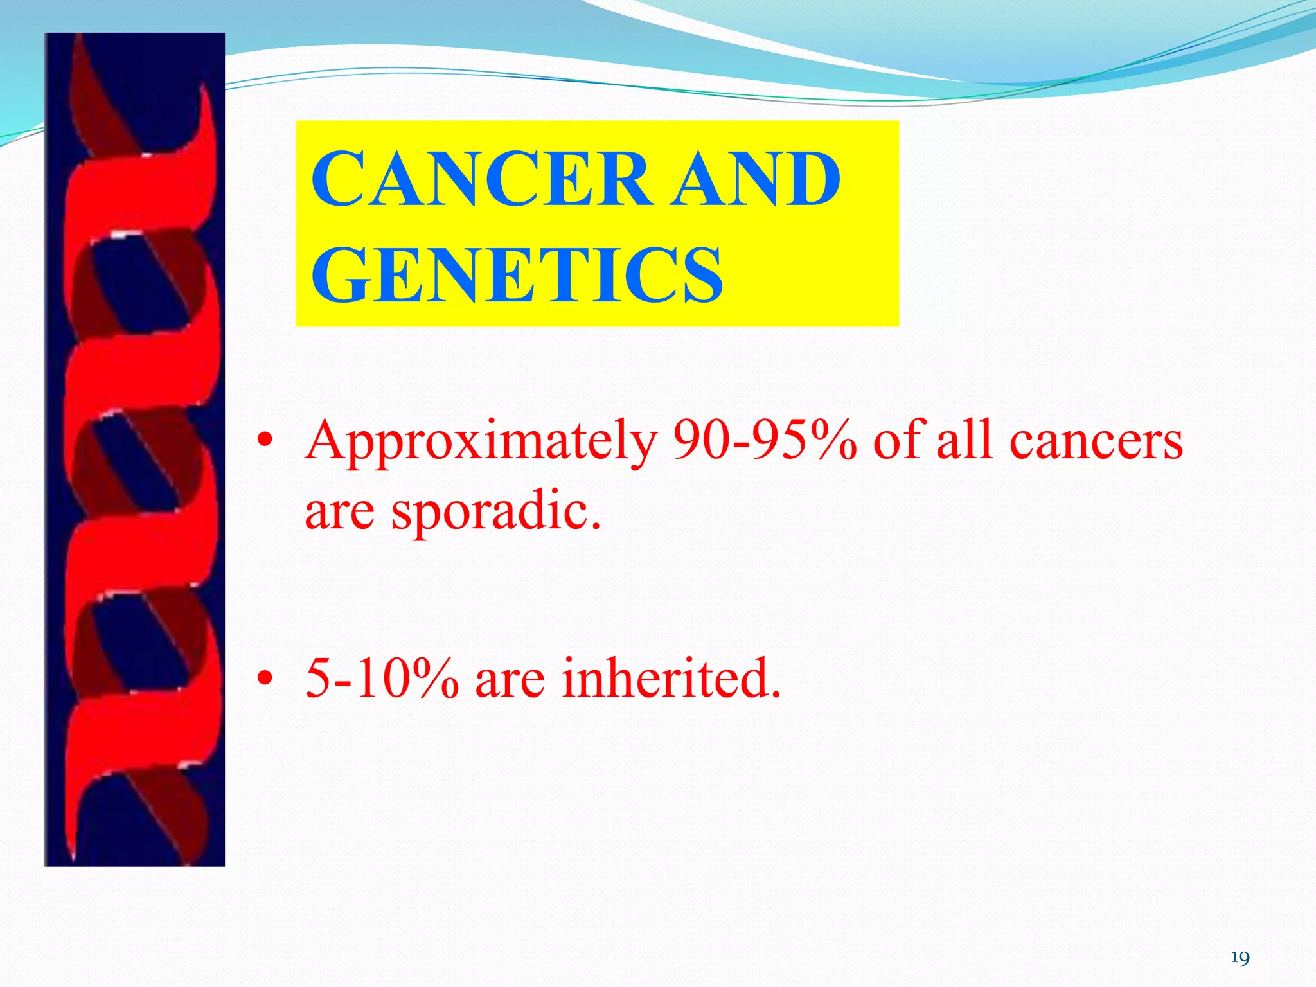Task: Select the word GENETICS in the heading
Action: click(x=517, y=276)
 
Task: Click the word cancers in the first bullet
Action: click(x=1096, y=442)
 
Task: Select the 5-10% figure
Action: click(x=382, y=679)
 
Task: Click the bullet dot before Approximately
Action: click(x=264, y=443)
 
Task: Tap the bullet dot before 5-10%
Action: click(x=264, y=679)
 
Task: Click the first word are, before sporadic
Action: click(x=339, y=513)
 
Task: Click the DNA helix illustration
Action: click(x=134, y=450)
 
